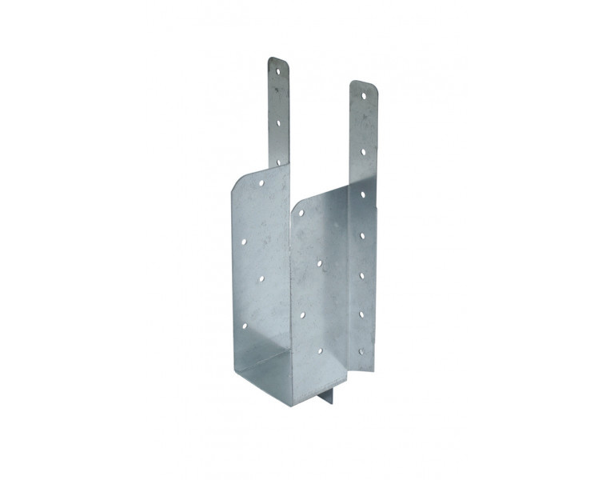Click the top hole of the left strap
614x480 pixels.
pos(279,70)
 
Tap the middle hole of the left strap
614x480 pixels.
pos(279,122)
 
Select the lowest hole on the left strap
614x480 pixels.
pos(279,161)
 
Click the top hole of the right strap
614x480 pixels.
pos(363,95)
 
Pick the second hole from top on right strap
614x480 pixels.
pos(363,150)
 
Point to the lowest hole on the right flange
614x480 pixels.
pos(362,350)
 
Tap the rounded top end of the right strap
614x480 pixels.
pos(362,84)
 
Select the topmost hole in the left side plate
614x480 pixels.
pos(261,183)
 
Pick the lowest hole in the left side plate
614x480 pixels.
pos(245,324)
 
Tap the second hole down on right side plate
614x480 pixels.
pos(319,261)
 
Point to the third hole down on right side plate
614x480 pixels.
pos(302,315)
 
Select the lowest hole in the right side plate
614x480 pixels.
pos(320,350)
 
